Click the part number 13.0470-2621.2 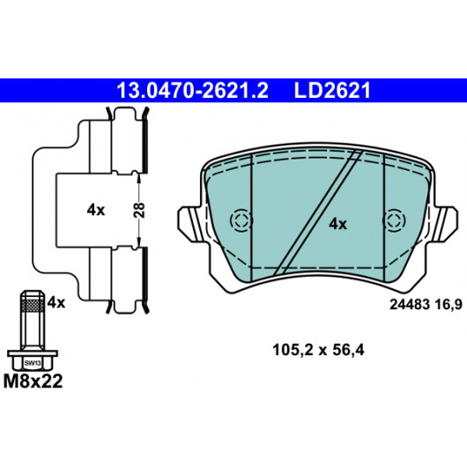(192, 91)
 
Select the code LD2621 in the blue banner (332, 91)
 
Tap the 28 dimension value (139, 211)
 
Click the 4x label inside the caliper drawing (96, 211)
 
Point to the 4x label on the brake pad (338, 224)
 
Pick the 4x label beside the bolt (56, 303)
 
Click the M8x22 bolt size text (33, 382)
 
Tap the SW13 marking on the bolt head (33, 363)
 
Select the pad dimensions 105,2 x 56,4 (318, 351)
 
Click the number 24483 (410, 305)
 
